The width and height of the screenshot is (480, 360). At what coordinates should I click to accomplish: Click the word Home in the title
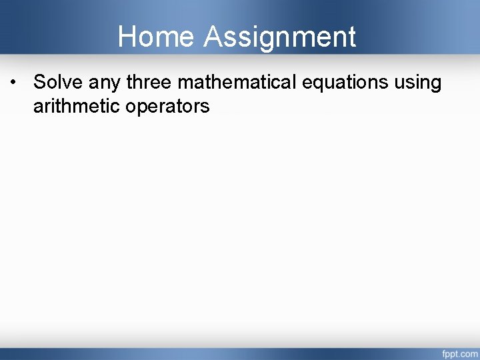pos(157,37)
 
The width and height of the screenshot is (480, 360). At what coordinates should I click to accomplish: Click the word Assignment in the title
pos(280,37)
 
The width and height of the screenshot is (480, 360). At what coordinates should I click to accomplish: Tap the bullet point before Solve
pos(13,83)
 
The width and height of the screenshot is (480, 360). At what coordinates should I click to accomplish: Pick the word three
pos(150,83)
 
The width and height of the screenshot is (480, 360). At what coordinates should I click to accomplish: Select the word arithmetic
pos(76,106)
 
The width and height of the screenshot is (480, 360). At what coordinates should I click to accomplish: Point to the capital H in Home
pos(127,37)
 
